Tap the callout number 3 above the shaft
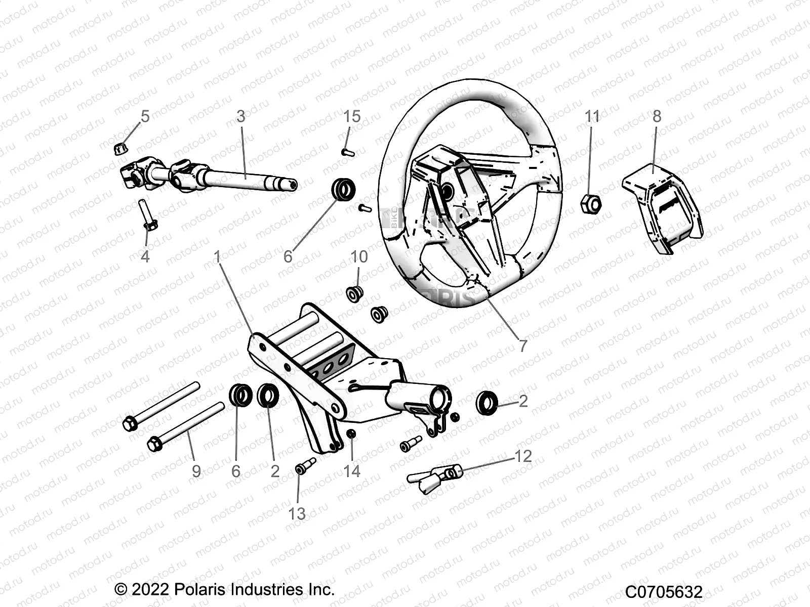click(x=241, y=116)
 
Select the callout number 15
click(x=352, y=116)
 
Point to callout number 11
click(x=592, y=116)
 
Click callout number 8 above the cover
click(x=657, y=116)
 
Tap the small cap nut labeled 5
click(x=120, y=148)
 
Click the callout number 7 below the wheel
click(x=523, y=346)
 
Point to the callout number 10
click(x=359, y=256)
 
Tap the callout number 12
click(x=523, y=456)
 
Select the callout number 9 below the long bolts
click(x=196, y=471)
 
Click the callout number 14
click(x=351, y=471)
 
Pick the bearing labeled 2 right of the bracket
click(x=488, y=402)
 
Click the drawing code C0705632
click(x=664, y=592)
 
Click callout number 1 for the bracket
click(x=218, y=257)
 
